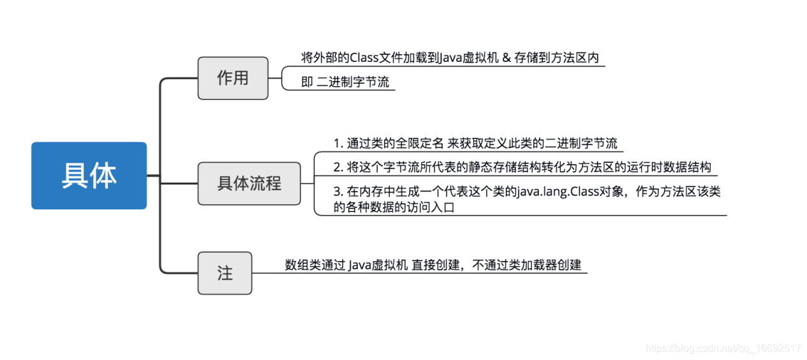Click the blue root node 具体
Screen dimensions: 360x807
pos(89,176)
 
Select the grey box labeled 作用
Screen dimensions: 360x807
pos(233,79)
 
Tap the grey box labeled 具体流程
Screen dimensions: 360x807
pos(249,184)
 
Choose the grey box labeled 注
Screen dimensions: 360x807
pos(225,273)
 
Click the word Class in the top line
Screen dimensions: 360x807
pos(364,57)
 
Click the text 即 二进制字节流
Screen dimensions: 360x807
pos(345,82)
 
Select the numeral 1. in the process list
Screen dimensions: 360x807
pos(338,143)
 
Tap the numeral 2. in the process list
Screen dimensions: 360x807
pos(338,167)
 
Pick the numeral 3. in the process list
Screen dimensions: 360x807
pos(338,191)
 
